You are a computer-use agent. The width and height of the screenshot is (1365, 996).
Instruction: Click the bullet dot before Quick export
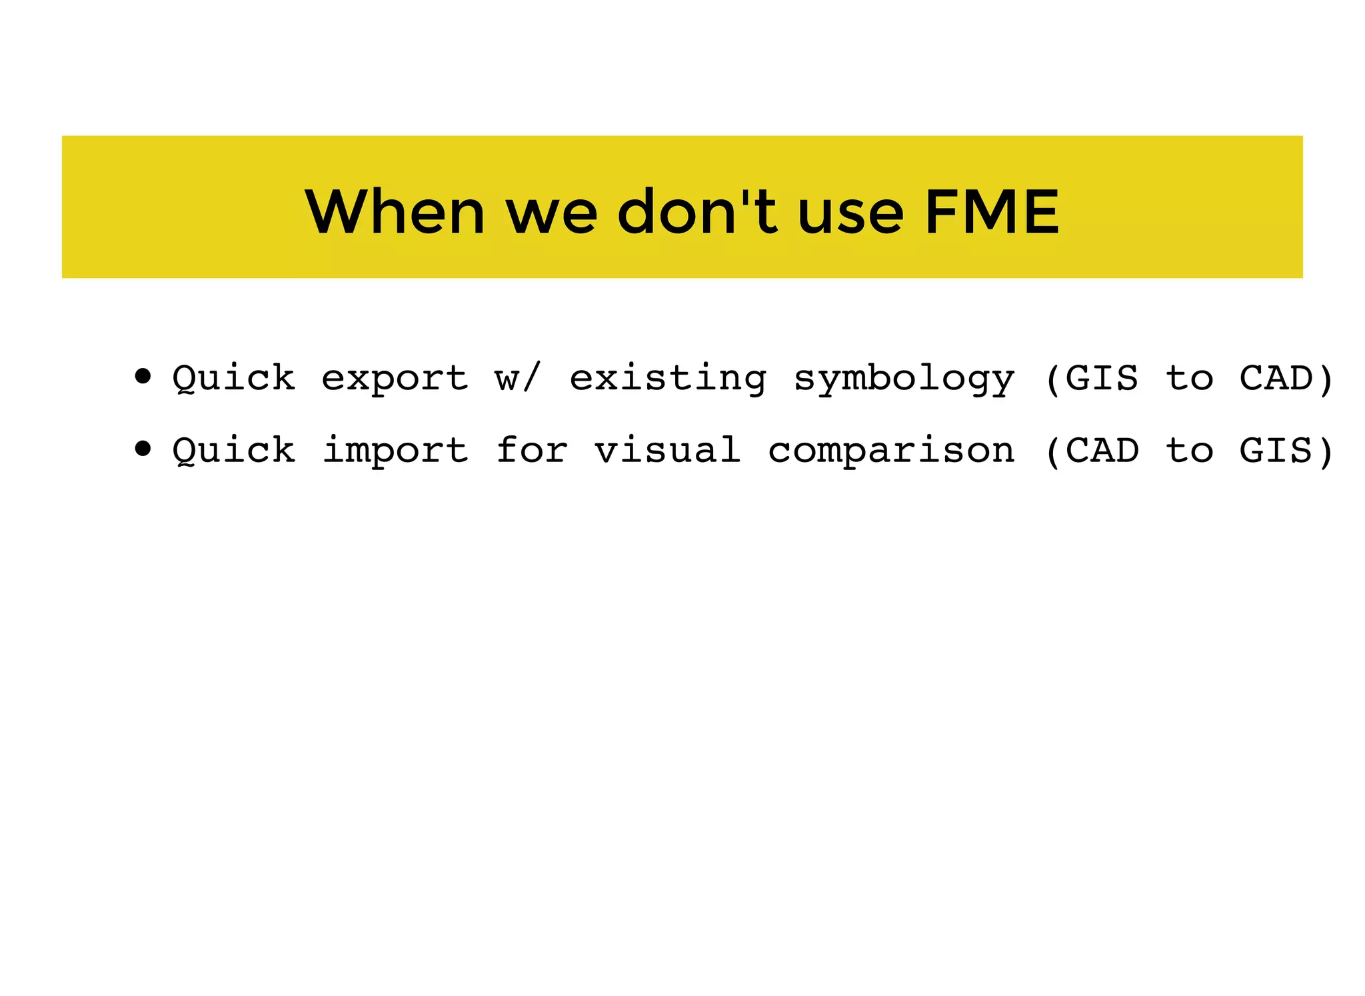tap(143, 377)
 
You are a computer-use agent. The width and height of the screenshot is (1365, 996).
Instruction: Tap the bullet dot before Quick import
tap(143, 449)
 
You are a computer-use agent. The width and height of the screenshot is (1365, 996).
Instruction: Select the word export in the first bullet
tap(395, 379)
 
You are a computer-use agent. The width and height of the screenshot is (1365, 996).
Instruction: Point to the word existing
tap(668, 379)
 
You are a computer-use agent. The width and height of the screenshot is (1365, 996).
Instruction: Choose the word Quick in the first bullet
tap(234, 379)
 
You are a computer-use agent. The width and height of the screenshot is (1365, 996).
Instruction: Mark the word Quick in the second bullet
tap(234, 451)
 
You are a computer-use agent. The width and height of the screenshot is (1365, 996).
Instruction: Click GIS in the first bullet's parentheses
tap(1102, 378)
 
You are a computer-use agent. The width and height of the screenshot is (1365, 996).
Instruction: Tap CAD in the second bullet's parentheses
tap(1102, 450)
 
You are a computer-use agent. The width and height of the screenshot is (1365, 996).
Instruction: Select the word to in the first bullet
tap(1190, 379)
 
